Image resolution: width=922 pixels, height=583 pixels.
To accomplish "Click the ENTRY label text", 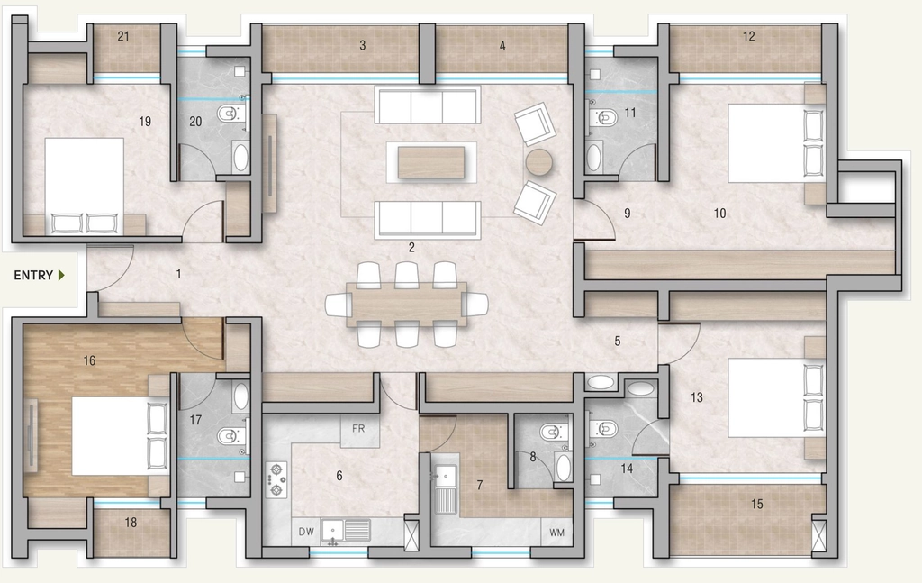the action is click(33, 276).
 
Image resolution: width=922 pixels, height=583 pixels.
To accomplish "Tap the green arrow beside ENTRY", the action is click(61, 276).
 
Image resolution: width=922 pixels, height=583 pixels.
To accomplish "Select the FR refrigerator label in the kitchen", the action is click(358, 429).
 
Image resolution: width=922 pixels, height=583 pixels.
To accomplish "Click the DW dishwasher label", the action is click(306, 532).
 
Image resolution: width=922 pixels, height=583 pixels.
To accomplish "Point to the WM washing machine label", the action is click(556, 533).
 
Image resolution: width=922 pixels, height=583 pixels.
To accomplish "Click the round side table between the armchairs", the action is click(539, 162).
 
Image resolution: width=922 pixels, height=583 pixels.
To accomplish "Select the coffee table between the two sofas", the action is click(430, 162).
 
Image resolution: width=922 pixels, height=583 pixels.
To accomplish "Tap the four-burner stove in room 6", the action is click(276, 479).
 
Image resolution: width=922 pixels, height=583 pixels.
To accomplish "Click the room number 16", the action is click(89, 360).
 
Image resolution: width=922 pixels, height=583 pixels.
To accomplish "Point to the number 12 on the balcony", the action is click(748, 36).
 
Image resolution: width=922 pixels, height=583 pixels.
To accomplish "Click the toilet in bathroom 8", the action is click(552, 433).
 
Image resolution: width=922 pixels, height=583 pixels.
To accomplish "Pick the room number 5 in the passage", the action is click(618, 342).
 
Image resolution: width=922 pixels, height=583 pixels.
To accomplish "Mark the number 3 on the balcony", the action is click(363, 45).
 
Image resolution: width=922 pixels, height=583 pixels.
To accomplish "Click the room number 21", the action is click(122, 36).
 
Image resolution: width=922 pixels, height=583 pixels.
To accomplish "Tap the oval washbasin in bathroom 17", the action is click(241, 397).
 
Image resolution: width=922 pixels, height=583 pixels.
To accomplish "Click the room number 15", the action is click(756, 505).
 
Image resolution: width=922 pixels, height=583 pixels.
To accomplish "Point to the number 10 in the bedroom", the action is click(719, 214).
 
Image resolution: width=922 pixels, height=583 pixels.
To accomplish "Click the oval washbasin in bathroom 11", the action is click(594, 157).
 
